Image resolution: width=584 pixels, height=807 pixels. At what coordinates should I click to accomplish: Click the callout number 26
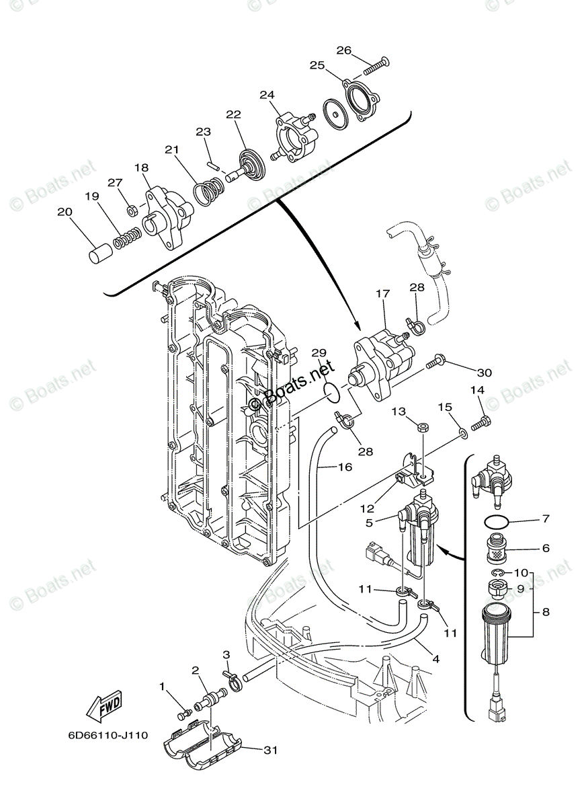(343, 50)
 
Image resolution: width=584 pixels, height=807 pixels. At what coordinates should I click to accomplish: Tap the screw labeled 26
(376, 65)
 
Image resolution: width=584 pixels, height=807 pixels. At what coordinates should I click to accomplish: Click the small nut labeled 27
(133, 210)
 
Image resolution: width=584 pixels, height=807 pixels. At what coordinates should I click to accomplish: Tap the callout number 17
(383, 293)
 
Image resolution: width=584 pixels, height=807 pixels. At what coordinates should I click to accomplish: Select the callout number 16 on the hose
(344, 467)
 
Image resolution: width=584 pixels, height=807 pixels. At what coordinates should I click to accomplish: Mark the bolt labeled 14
(483, 422)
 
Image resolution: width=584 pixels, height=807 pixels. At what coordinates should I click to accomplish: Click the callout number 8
(546, 612)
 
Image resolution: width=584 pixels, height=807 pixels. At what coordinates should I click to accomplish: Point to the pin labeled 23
(211, 160)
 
